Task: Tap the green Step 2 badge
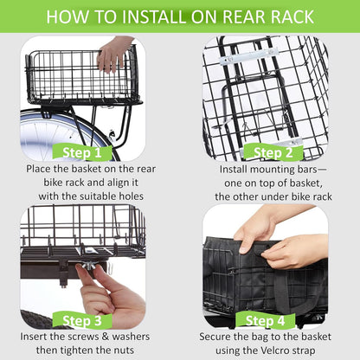272,153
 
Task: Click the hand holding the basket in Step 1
112,54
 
